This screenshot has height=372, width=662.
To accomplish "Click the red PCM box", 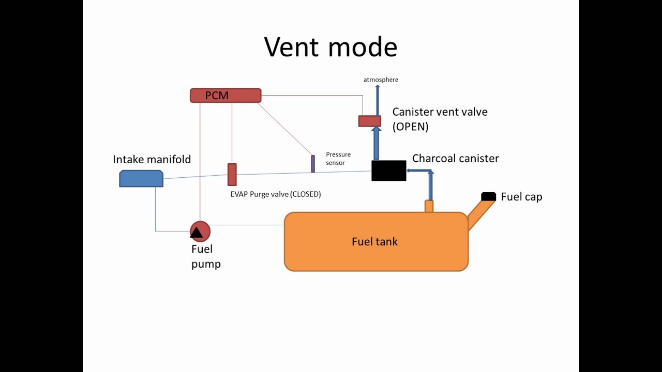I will (225, 96).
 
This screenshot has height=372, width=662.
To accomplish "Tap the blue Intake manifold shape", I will (141, 178).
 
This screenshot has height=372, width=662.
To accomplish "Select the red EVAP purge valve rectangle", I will (232, 175).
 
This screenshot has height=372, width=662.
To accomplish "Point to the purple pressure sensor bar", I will (313, 163).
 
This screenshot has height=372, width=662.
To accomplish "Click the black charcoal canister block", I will (389, 171).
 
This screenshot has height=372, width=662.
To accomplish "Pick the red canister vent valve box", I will (370, 121).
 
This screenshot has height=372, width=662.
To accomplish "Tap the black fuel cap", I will (489, 196).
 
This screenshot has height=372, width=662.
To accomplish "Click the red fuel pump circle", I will (200, 231).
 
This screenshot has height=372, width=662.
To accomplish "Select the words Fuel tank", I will (374, 241).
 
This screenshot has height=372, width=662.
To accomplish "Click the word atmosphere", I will (381, 80).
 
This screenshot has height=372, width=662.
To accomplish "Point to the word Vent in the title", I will (292, 47).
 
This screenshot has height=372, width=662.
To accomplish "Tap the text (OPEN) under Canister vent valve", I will (411, 127).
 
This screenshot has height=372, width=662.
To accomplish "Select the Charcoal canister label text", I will (455, 158).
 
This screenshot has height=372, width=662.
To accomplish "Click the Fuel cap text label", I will (521, 197).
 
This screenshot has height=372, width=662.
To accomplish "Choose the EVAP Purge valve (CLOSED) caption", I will (276, 194).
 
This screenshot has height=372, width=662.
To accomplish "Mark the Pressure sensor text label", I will (338, 159).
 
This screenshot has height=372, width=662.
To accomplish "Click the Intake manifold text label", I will (152, 159).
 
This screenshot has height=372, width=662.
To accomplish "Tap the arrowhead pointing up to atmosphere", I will (378, 88).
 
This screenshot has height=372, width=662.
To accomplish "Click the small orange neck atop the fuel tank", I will (429, 206).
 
